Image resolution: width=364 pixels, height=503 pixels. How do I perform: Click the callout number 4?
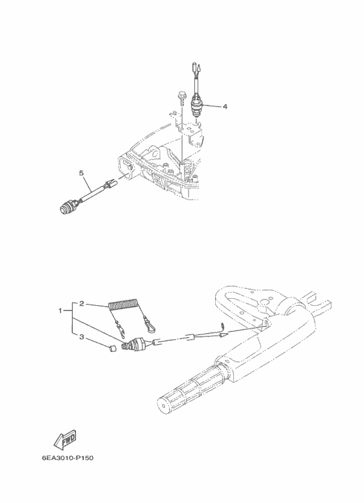(x=225, y=106)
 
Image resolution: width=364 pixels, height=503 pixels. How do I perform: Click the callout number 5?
(x=81, y=173)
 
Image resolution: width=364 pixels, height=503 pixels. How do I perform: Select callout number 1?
(x=60, y=310)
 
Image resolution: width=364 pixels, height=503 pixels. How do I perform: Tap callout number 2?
(x=82, y=303)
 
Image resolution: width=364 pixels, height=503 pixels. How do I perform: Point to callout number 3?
(x=82, y=337)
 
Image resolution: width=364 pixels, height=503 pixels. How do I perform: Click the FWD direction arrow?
(x=66, y=439)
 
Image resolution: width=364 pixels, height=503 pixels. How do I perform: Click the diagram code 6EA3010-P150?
(x=68, y=457)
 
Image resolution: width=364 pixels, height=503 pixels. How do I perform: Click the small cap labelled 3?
(x=112, y=349)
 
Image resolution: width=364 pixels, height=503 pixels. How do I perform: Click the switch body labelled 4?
(x=196, y=105)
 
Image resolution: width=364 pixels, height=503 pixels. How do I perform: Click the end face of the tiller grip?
(x=163, y=405)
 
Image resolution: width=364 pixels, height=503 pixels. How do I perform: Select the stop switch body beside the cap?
(x=135, y=344)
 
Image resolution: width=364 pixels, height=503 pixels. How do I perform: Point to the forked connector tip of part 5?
(x=110, y=184)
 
